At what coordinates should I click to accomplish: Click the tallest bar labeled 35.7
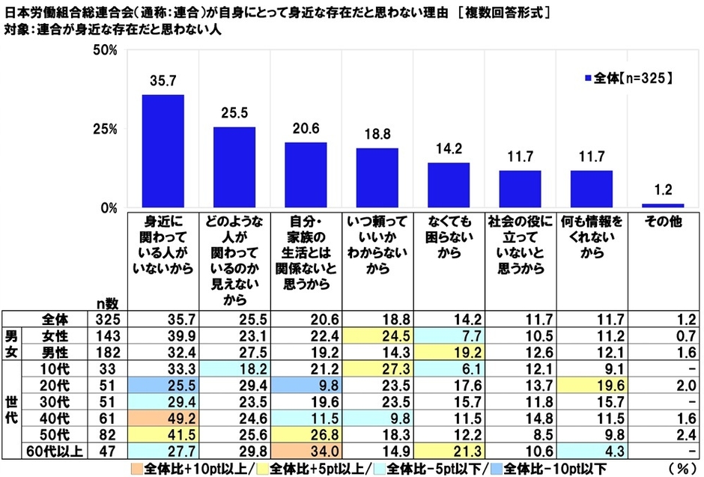pyautogui.click(x=163, y=151)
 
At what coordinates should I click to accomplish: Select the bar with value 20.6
pyautogui.click(x=306, y=174)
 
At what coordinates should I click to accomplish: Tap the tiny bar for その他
pyautogui.click(x=663, y=205)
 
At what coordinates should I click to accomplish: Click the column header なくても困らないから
pyautogui.click(x=449, y=237)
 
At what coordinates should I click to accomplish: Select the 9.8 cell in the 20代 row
pyautogui.click(x=306, y=381)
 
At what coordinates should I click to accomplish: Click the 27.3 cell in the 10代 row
pyautogui.click(x=377, y=368)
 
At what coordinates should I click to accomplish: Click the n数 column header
pyautogui.click(x=107, y=302)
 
